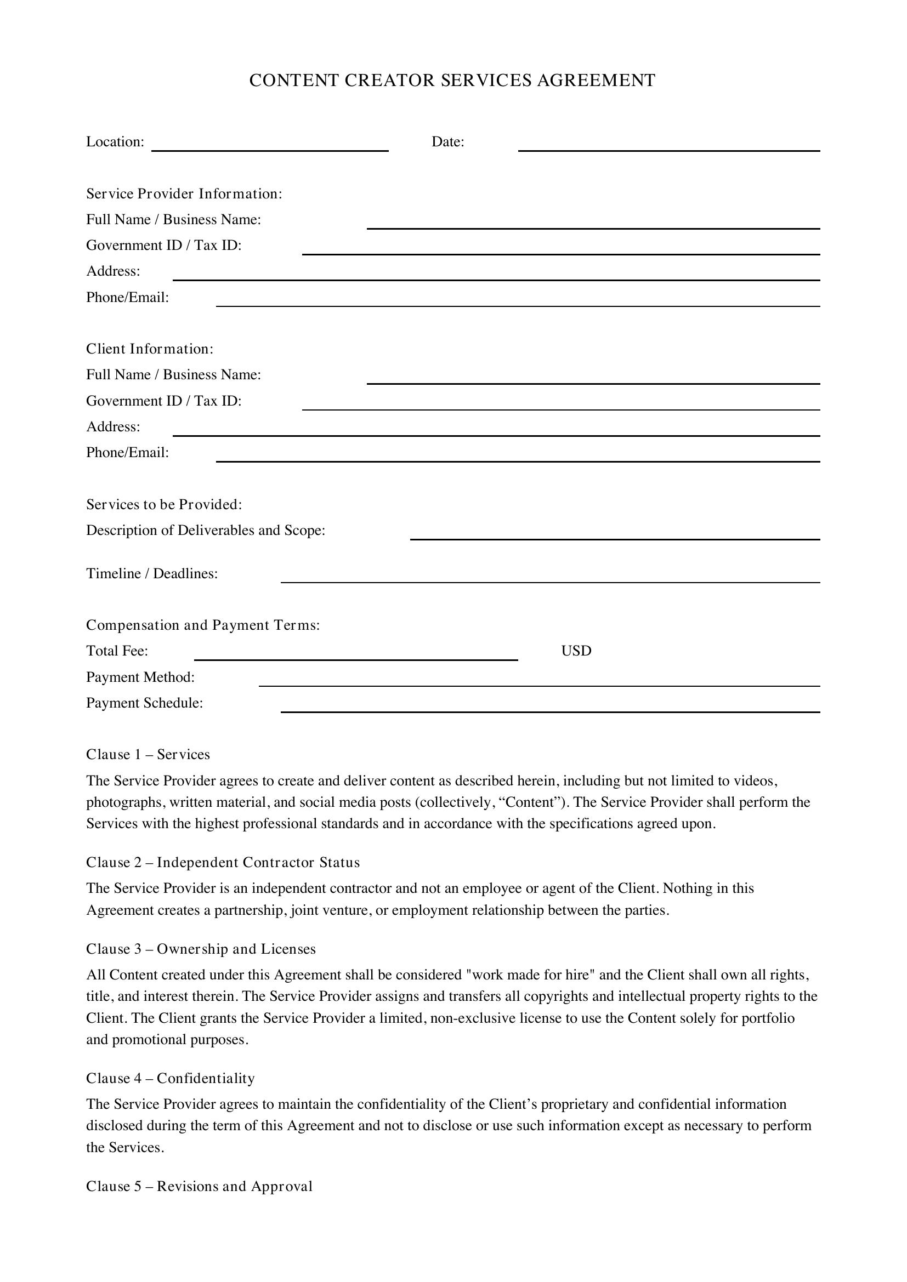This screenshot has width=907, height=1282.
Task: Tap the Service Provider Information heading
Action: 184,193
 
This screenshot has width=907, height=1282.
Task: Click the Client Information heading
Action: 150,349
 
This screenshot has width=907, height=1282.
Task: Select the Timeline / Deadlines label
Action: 152,573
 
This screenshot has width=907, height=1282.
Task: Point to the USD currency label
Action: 576,651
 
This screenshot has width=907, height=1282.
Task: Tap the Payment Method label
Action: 140,677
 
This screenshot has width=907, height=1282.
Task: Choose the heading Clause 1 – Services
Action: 148,754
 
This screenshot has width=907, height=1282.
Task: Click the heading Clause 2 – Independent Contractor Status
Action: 223,863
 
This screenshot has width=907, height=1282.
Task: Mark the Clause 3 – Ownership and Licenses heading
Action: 201,949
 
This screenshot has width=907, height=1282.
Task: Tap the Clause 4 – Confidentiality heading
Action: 171,1078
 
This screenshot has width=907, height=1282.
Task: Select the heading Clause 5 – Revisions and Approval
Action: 200,1187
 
